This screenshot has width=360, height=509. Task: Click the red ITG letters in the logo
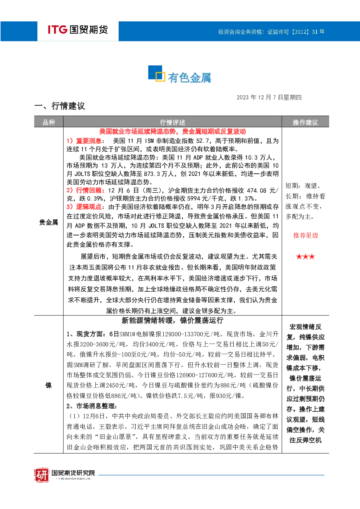(57, 29)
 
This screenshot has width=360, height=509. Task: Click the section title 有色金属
(189, 78)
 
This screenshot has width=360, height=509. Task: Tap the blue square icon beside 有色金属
(156, 73)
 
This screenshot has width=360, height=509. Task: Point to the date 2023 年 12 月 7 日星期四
(269, 98)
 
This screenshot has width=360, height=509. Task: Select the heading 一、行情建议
(60, 106)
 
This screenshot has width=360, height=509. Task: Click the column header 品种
(49, 123)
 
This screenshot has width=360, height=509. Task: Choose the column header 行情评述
(172, 123)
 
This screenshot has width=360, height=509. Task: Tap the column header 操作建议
(305, 123)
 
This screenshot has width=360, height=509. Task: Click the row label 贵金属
(49, 222)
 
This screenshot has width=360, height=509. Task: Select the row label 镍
(49, 385)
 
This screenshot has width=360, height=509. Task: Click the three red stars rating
(306, 257)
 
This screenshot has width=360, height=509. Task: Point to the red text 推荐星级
(306, 235)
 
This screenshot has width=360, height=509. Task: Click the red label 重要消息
(89, 141)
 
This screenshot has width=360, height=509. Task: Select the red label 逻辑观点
(89, 207)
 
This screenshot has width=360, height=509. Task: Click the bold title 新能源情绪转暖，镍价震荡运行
(172, 320)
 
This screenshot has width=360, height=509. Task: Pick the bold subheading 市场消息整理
(95, 406)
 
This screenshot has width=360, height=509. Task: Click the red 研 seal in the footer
(42, 475)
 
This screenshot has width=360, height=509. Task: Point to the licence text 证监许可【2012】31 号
(296, 32)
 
